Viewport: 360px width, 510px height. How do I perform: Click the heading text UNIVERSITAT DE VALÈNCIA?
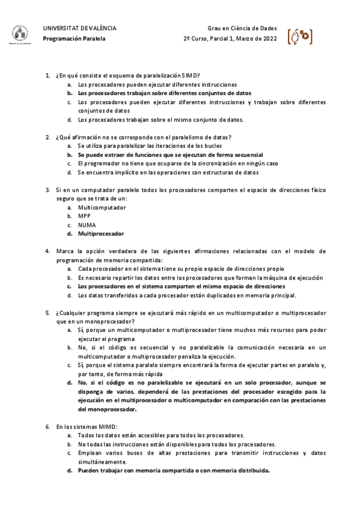click(80, 28)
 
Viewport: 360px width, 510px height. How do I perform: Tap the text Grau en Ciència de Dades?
click(242, 28)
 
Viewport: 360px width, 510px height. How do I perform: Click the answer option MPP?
click(84, 216)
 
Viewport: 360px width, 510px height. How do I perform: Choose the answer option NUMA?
click(87, 225)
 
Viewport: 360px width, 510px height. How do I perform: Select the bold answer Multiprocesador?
click(101, 233)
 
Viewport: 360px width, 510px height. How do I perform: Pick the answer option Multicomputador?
click(102, 207)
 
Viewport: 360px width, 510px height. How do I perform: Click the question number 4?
click(47, 251)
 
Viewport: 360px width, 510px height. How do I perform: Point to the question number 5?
click(47, 313)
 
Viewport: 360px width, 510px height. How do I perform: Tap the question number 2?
click(47, 137)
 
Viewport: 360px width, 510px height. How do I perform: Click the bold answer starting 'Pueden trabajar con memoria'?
click(174, 470)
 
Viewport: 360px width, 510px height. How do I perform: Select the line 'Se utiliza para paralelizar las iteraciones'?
click(150, 146)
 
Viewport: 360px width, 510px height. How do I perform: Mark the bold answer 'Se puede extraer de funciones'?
click(170, 155)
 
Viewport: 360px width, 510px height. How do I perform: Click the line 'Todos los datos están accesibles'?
click(161, 435)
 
